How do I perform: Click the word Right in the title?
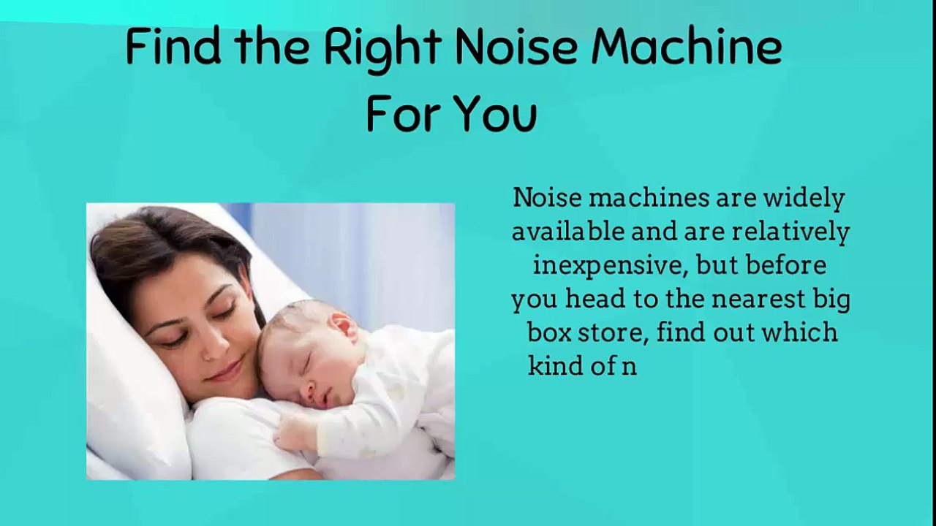pos(382,49)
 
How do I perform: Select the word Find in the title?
pos(173,47)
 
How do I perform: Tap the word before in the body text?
pos(786,266)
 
